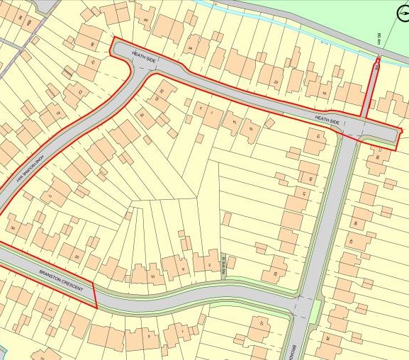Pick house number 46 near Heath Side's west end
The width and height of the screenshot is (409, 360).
click(93, 45)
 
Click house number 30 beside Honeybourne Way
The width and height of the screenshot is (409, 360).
click(13, 227)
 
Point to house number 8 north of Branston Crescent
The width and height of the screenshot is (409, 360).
click(183, 269)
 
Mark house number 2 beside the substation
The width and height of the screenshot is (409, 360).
click(210, 265)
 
